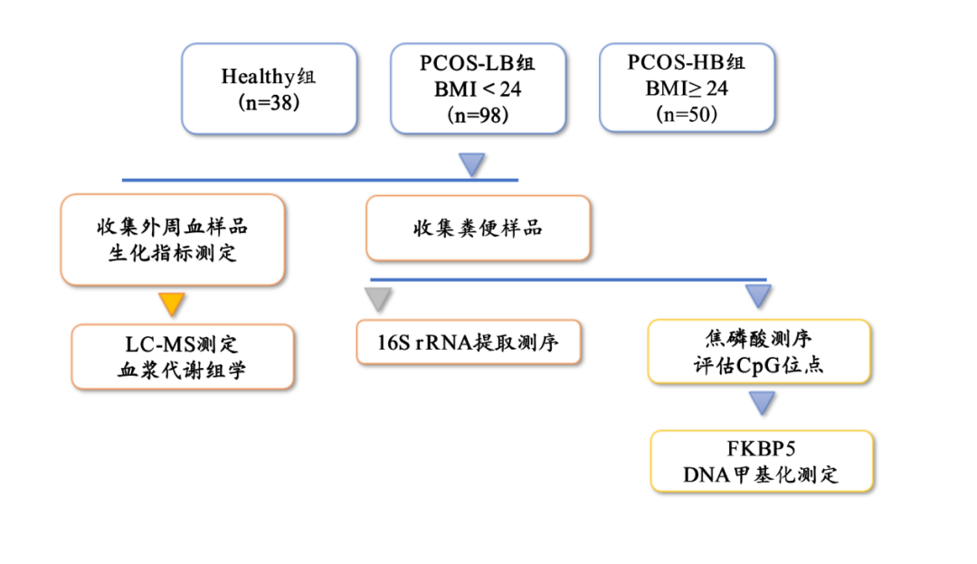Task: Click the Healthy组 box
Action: (269, 89)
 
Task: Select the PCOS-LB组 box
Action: (478, 89)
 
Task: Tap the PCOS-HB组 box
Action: (687, 89)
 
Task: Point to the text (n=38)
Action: (269, 102)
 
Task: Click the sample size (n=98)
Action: (478, 115)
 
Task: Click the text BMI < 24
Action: (478, 89)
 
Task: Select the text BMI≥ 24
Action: (687, 89)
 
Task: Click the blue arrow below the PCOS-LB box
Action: (472, 164)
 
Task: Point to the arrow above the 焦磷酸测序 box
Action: (758, 296)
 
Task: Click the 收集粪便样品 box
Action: (478, 228)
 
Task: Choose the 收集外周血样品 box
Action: (173, 240)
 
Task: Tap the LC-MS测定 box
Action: (183, 357)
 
